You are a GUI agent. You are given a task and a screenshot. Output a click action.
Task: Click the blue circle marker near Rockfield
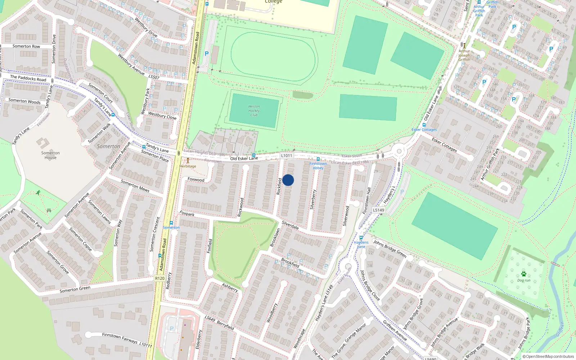[x=288, y=180]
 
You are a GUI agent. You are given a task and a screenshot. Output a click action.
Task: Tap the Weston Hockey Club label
[x=254, y=111]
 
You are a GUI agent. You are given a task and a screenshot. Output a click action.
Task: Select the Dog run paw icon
[x=524, y=274]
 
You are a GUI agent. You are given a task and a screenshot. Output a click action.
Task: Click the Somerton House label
[x=50, y=155]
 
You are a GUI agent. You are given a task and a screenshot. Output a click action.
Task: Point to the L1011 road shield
[x=287, y=156]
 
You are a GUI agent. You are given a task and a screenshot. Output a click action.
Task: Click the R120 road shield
[x=160, y=278]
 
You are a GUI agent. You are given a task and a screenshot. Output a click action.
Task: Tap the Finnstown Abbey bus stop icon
[x=318, y=159]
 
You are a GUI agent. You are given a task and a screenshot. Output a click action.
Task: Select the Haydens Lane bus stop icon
[x=361, y=238]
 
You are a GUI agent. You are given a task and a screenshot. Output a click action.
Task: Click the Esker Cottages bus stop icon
[x=424, y=125]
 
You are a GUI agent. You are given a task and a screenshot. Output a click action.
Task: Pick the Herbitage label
[x=188, y=166]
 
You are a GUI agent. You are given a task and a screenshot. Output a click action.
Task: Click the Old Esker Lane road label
[x=244, y=158]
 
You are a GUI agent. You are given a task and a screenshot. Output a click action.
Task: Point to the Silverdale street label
[x=290, y=225]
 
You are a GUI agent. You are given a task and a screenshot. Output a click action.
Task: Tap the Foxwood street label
[x=196, y=179]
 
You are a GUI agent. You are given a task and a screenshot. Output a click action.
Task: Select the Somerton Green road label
[x=75, y=289]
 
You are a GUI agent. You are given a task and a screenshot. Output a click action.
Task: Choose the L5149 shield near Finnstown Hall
[x=378, y=210]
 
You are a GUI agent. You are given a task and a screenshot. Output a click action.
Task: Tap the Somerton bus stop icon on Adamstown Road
[x=171, y=223]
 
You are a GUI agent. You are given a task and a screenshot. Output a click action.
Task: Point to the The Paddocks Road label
[x=28, y=78]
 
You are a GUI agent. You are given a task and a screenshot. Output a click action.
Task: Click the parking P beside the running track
[x=207, y=54]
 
